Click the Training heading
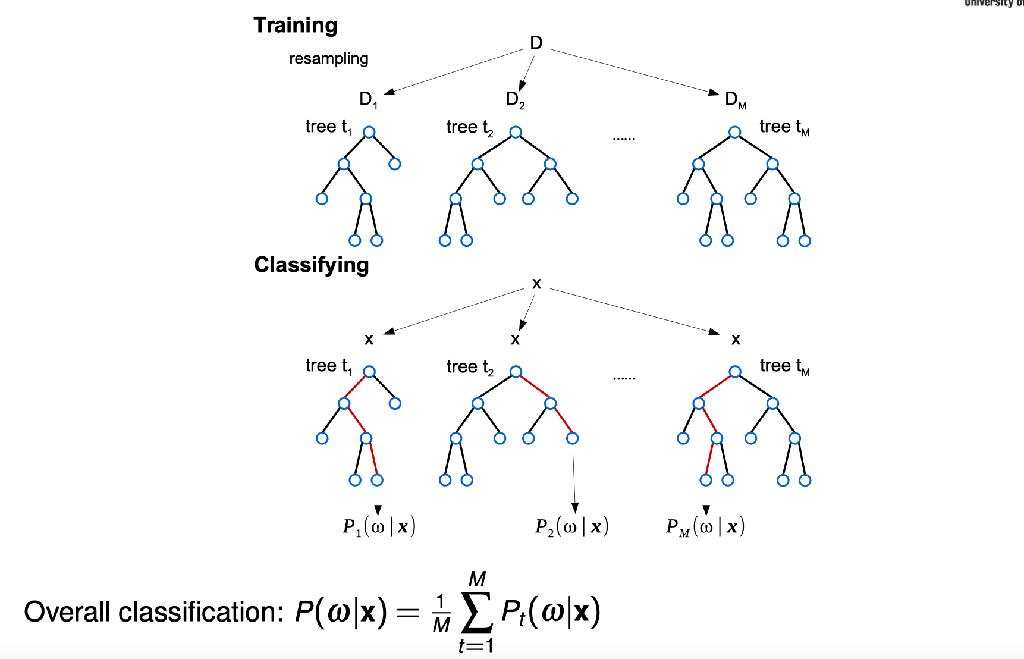tap(295, 26)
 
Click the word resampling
tap(328, 59)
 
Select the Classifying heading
tap(311, 265)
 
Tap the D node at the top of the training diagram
tap(536, 43)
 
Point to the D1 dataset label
tap(368, 99)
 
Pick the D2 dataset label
tap(515, 99)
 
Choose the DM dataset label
tap(735, 100)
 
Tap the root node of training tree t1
tap(369, 132)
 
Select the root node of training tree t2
tap(516, 132)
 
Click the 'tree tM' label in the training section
tap(784, 127)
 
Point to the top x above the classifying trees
tap(536, 284)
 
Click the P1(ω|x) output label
tap(379, 526)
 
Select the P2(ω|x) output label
tap(571, 526)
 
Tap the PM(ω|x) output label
tap(705, 526)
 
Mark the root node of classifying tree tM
tap(735, 372)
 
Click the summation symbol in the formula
tap(477, 613)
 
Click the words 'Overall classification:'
tap(153, 612)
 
